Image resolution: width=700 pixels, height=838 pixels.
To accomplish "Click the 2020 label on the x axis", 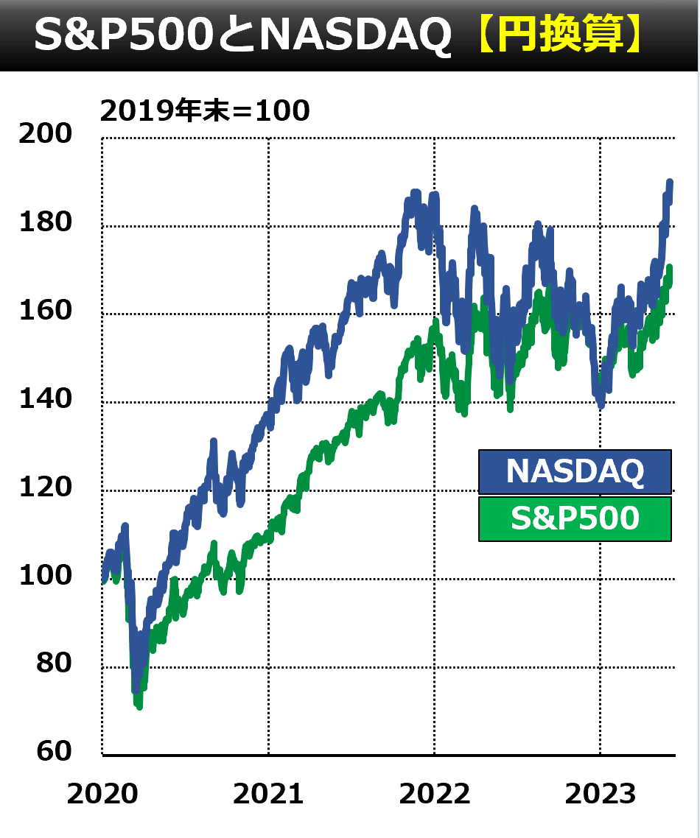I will (102, 795).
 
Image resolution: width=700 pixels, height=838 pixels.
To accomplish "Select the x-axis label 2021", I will (268, 795).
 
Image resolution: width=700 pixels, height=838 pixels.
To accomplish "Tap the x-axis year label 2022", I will (435, 795).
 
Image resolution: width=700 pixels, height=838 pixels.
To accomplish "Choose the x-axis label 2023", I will (601, 795).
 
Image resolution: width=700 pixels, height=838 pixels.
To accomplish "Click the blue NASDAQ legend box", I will (575, 471).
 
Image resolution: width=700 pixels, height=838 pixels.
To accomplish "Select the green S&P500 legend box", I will (575, 519).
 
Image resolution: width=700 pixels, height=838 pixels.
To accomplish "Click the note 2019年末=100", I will (205, 110).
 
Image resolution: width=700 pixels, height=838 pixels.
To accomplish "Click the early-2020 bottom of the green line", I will (139, 706).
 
